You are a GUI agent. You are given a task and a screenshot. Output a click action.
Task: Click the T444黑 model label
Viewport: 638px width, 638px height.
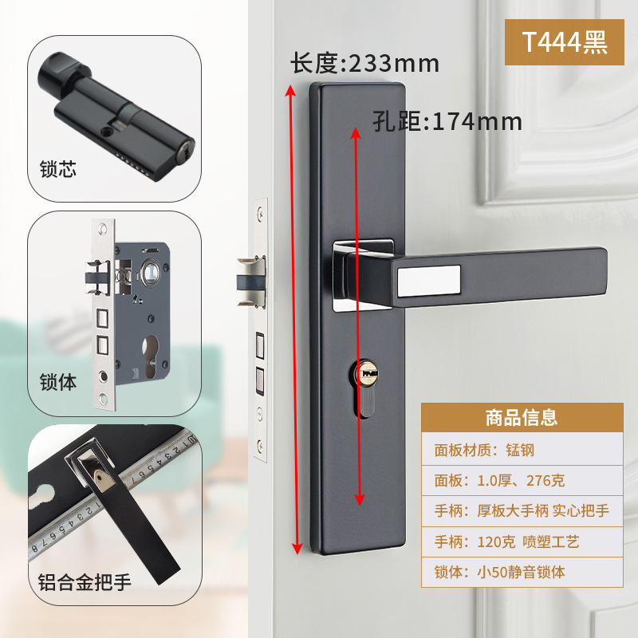[565, 42]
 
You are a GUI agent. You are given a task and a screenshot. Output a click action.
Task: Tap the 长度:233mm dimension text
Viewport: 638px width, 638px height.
[365, 64]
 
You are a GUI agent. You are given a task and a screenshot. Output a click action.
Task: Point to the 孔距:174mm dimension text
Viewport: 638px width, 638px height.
[447, 121]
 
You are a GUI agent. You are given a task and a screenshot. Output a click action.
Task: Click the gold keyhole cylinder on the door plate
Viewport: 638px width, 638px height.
[367, 372]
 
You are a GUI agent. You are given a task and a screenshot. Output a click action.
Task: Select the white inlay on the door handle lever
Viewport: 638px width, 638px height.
[429, 281]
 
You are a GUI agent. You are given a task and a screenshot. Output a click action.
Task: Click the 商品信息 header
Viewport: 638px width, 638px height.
[522, 418]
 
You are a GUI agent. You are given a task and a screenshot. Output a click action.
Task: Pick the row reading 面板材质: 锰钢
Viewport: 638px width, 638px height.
[484, 450]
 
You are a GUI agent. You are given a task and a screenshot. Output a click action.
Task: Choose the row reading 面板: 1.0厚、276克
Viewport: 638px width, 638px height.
[499, 481]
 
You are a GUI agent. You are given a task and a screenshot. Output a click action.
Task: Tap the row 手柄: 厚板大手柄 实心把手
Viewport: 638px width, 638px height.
[522, 510]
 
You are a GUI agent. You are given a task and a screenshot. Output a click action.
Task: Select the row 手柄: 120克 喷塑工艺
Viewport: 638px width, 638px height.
[506, 542]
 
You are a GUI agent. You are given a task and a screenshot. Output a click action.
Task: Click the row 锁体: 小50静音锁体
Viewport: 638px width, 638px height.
[500, 572]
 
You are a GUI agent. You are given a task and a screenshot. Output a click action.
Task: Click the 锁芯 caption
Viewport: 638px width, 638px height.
[57, 169]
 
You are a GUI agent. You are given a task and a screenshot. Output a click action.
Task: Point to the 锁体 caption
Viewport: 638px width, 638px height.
[57, 382]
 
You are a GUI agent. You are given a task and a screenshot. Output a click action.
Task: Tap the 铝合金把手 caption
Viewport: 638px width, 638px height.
[85, 582]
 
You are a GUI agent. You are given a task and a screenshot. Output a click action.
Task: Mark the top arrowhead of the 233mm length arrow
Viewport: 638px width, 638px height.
[290, 90]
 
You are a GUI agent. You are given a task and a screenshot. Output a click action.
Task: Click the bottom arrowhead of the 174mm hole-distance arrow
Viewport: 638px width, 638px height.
[360, 499]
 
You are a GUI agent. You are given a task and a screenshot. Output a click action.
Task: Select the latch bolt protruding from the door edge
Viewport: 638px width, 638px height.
[251, 282]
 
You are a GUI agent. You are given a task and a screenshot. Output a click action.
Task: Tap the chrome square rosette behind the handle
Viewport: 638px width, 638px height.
[364, 276]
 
